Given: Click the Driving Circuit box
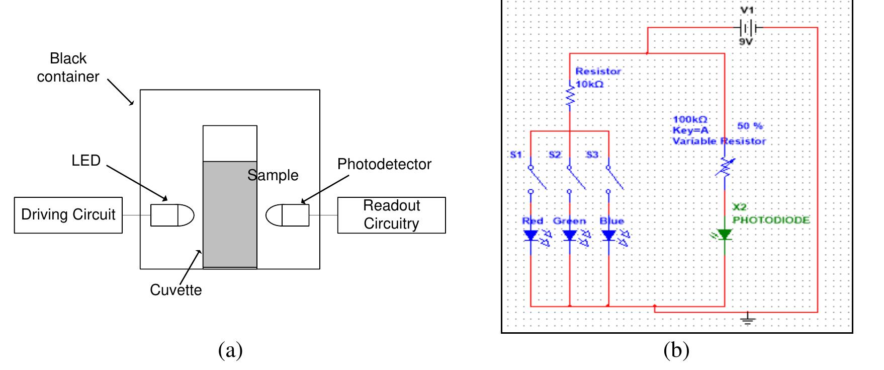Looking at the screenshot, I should point(68,215).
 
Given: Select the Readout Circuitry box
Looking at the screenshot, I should point(391,215).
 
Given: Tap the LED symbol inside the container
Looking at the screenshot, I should point(172,215).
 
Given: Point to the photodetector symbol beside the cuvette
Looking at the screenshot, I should point(288,215).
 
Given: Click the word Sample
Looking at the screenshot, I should point(273,175).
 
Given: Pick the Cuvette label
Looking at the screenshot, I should point(175,290).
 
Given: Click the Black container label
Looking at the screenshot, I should point(68,67).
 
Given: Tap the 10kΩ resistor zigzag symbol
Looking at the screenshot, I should point(570,96).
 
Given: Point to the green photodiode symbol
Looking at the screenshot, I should point(724,235).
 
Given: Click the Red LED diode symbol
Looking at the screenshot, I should point(531,235).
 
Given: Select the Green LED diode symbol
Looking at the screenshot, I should point(570,235).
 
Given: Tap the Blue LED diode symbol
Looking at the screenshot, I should point(608,235).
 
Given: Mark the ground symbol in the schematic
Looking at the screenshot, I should point(748,319).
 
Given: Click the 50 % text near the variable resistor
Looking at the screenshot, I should point(750,126).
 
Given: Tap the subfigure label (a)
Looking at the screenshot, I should point(230,350).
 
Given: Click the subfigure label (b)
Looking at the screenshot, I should point(676,350).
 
